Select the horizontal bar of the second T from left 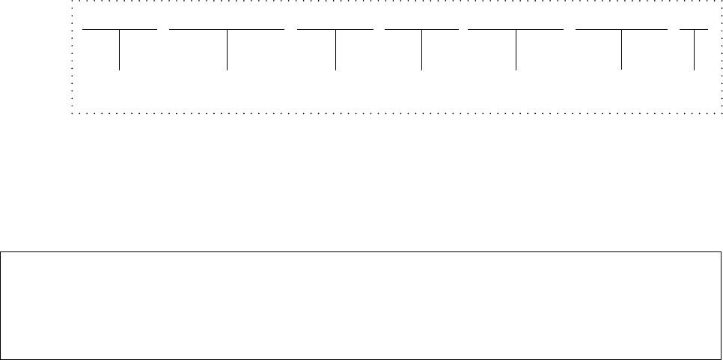click(x=195, y=29)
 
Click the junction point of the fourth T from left click(x=421, y=29)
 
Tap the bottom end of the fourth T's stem click(x=421, y=70)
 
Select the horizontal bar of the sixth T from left click(x=599, y=29)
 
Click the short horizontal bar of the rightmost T click(x=687, y=29)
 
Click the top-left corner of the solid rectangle click(x=1, y=252)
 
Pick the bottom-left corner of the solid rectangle click(x=1, y=359)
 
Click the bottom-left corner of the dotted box click(x=72, y=114)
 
